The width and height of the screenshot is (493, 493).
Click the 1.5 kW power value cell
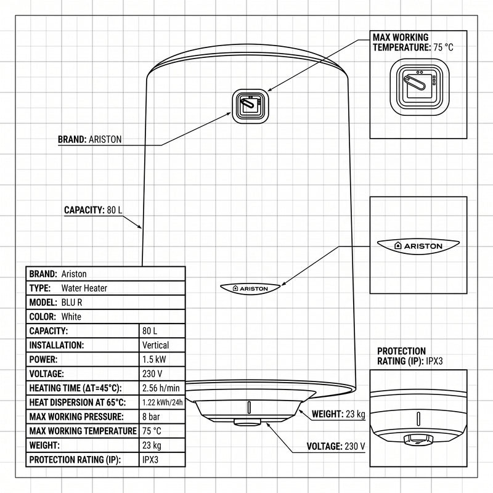pos(154,359)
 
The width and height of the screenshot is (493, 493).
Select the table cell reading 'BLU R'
pos(71,303)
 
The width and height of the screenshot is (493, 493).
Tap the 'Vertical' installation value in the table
pos(155,345)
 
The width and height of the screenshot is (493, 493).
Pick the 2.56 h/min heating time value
pos(161,388)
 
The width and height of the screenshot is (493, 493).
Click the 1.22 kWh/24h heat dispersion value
pos(162,402)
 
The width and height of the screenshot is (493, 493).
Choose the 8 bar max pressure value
pos(151,417)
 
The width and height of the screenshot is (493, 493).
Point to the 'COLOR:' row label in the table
pos(43,317)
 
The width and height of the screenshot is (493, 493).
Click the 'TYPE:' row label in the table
pos(40,288)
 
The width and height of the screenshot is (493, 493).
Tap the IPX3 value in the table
pos(150,460)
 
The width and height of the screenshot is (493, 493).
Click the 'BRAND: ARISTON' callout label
pos(89,139)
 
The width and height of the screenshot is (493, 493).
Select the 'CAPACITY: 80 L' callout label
pos(93,210)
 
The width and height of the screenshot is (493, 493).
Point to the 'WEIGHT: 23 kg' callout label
pos(338,414)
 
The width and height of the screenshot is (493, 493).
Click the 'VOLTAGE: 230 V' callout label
pos(336,446)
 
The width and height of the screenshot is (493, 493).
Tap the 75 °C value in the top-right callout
pos(443,47)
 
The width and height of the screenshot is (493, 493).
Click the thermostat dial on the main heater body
pos(251,106)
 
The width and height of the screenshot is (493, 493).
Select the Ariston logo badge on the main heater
pos(250,288)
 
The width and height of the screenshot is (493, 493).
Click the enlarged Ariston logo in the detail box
pos(418,246)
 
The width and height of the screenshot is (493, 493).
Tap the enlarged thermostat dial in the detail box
pos(420,90)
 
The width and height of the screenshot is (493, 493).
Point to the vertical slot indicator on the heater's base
pos(249,407)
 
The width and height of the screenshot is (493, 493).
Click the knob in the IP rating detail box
pos(418,440)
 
